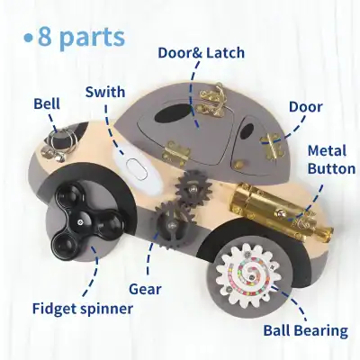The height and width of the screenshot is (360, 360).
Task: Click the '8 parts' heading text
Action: [82, 38]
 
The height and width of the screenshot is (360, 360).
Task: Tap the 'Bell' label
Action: [48, 104]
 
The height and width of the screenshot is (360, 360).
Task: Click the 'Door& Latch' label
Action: [200, 53]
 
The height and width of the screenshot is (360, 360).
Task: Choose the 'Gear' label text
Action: [145, 289]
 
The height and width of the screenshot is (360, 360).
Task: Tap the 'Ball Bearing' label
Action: [305, 330]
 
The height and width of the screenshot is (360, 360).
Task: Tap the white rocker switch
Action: [137, 169]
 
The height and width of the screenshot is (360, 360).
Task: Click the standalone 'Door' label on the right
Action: [305, 107]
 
